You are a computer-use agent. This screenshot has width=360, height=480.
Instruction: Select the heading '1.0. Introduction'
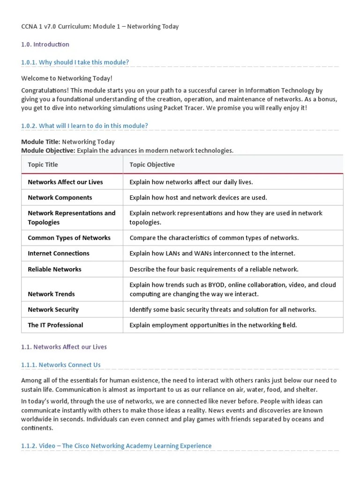(45, 45)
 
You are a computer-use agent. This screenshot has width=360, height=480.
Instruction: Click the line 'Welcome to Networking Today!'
(67, 78)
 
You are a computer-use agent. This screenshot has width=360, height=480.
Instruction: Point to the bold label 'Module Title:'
(40, 142)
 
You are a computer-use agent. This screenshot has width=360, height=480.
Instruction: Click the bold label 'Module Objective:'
(48, 150)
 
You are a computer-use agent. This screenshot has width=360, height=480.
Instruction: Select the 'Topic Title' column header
(43, 165)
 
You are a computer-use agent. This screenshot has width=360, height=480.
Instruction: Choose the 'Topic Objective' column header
(152, 165)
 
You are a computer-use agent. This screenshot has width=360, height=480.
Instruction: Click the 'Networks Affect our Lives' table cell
(65, 182)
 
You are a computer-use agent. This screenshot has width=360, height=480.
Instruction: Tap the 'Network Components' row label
(60, 197)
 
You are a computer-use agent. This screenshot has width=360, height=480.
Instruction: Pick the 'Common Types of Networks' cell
(69, 238)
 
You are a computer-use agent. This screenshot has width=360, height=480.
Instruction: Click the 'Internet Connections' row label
(58, 253)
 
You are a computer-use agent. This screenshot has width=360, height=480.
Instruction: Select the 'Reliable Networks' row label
(54, 269)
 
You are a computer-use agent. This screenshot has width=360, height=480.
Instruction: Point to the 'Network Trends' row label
(51, 294)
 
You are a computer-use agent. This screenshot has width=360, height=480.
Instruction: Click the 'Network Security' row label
(53, 309)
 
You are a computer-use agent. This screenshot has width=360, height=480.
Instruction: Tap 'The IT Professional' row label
(55, 325)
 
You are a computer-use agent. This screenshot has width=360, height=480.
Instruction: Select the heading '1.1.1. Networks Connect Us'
(61, 365)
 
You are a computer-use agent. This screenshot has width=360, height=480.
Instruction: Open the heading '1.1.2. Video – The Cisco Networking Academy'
(116, 446)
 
